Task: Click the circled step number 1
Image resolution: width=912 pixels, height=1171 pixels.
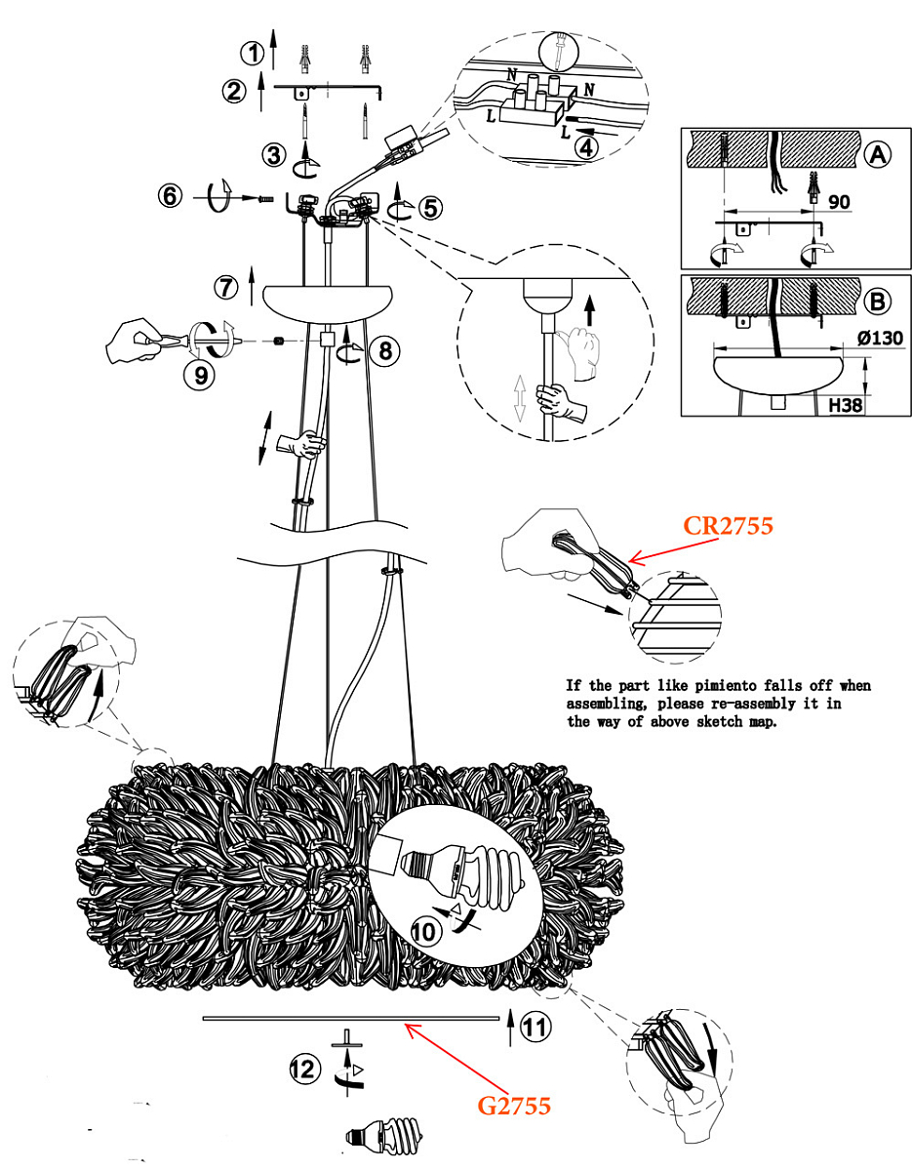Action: [253, 54]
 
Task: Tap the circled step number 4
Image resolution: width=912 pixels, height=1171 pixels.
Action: [586, 147]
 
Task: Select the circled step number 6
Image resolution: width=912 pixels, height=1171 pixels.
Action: [170, 195]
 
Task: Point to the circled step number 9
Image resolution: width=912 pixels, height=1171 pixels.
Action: [200, 375]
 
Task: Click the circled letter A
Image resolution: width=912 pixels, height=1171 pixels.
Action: [877, 155]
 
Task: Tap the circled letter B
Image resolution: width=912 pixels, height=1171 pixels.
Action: [877, 301]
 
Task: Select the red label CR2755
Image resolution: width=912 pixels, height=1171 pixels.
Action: [728, 525]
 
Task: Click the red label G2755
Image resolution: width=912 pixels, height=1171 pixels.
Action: [514, 1116]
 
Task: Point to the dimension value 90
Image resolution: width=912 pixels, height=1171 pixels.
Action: [839, 202]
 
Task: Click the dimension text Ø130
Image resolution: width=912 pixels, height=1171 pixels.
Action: [880, 339]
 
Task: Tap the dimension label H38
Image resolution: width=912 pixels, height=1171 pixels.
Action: [846, 405]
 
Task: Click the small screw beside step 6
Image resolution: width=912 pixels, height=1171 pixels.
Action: [265, 199]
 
